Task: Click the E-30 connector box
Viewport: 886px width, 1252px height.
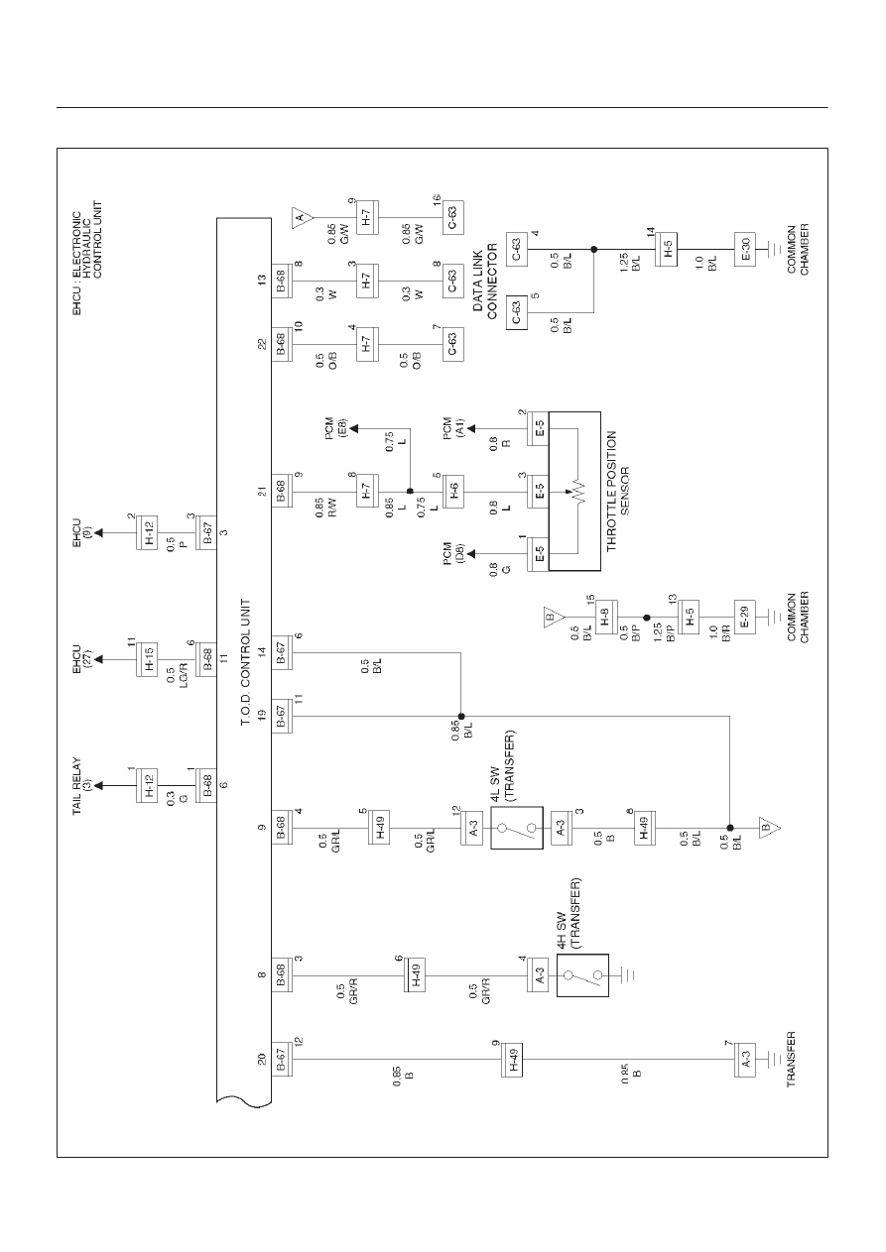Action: point(744,249)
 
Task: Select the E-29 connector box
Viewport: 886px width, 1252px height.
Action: point(744,617)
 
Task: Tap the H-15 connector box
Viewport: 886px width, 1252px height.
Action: point(147,660)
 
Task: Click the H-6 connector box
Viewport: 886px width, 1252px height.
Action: point(453,492)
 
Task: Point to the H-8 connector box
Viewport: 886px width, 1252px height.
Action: point(606,617)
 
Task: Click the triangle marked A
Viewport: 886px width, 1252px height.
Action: point(302,217)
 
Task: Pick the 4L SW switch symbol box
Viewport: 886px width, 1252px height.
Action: point(517,828)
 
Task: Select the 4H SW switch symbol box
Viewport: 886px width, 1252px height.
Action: point(582,975)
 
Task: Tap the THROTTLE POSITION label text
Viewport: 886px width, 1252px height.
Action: point(612,492)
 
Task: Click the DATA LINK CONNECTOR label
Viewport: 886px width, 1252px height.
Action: point(485,282)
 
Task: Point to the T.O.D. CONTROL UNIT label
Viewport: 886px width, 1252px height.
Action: point(245,663)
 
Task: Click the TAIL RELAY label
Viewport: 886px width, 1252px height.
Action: point(77,786)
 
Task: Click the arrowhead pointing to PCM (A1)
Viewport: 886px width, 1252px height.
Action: point(471,428)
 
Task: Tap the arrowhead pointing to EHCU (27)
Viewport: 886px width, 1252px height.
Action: point(99,660)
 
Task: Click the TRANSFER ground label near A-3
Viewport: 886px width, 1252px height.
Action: point(791,1059)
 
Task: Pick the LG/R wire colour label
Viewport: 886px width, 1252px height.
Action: point(184,674)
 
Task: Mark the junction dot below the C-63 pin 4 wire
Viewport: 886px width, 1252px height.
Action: point(594,249)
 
